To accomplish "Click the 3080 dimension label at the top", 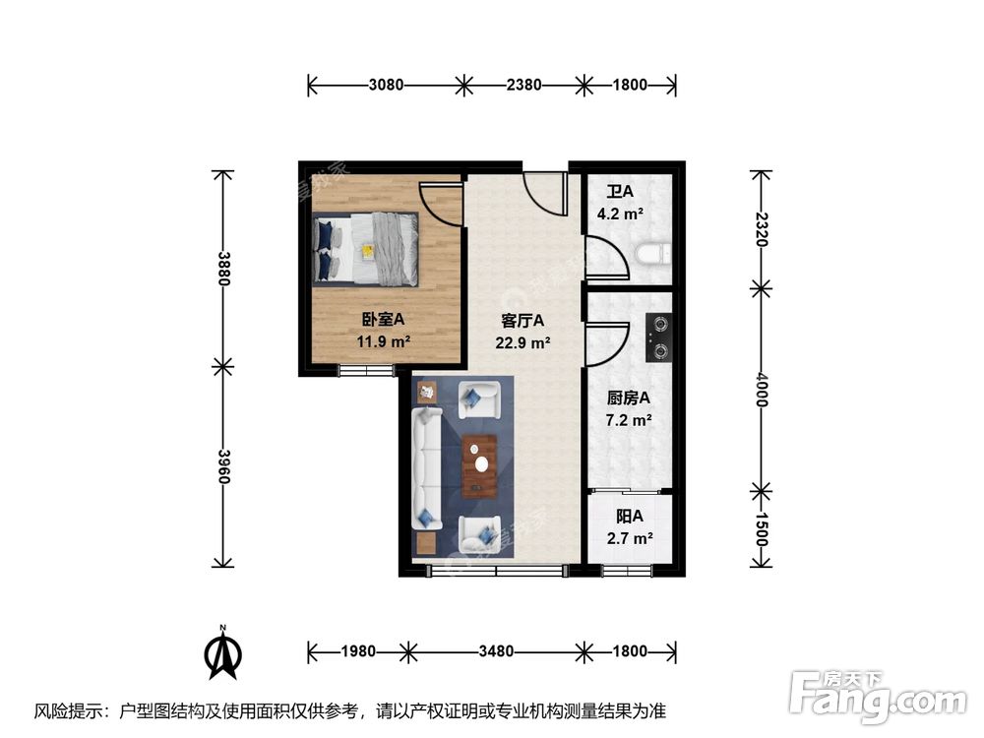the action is pyautogui.click(x=386, y=84).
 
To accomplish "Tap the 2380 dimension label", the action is pyautogui.click(x=524, y=84).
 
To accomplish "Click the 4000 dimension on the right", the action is pyautogui.click(x=762, y=390).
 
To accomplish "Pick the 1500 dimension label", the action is pyautogui.click(x=762, y=529).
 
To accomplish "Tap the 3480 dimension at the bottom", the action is pyautogui.click(x=496, y=651).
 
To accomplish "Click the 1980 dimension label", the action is pyautogui.click(x=358, y=651).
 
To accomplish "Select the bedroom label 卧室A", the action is pyautogui.click(x=384, y=320).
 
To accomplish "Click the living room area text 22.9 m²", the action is pyautogui.click(x=523, y=343).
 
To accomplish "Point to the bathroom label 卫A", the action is pyautogui.click(x=620, y=192).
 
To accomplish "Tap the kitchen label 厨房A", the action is pyautogui.click(x=628, y=398).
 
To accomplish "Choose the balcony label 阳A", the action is pyautogui.click(x=630, y=517).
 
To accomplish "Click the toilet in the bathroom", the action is pyautogui.click(x=653, y=256).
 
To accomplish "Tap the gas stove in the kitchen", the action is pyautogui.click(x=659, y=338).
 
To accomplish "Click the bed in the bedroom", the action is pyautogui.click(x=366, y=249).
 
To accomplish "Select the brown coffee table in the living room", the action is pyautogui.click(x=479, y=465).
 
